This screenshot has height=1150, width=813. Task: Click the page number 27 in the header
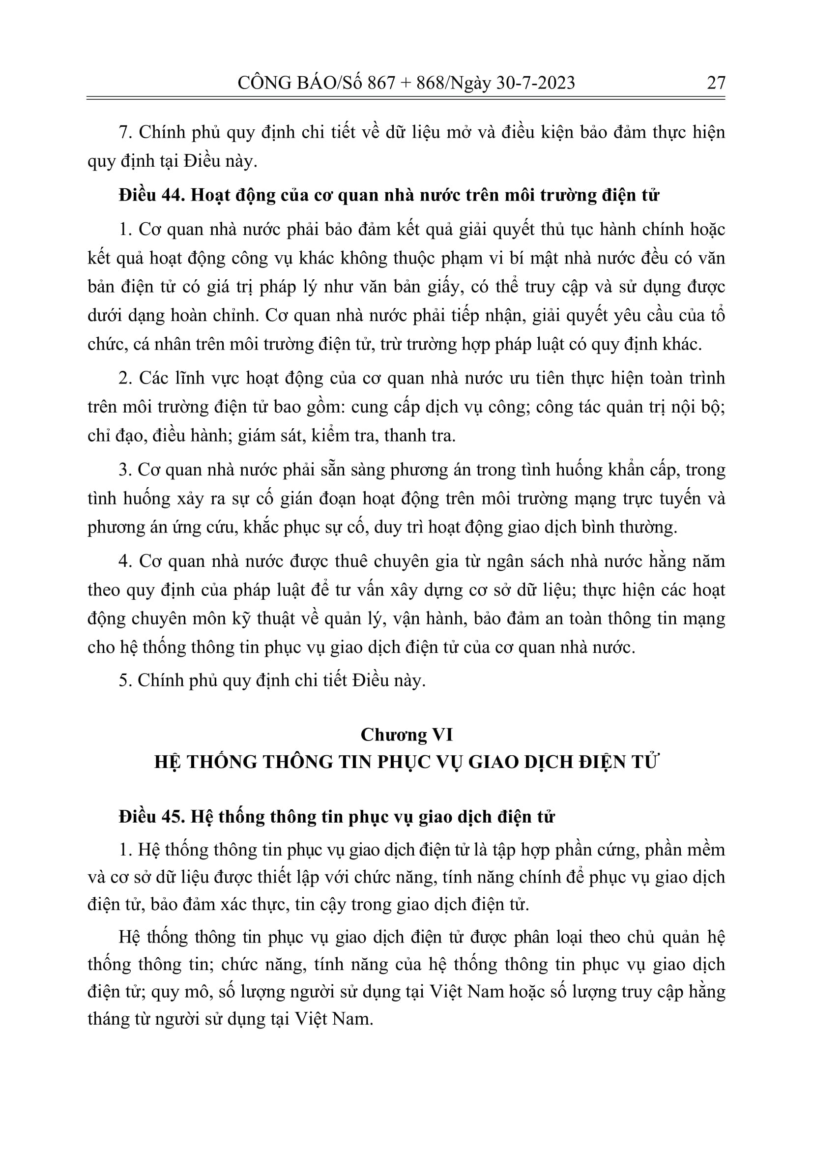click(x=716, y=83)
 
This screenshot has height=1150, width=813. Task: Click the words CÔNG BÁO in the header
click(x=286, y=83)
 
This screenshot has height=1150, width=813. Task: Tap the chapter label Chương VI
click(x=406, y=735)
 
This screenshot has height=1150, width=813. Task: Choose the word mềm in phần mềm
click(x=706, y=850)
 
